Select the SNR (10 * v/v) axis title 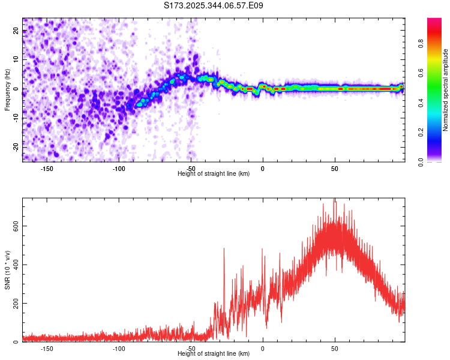pyautogui.click(x=7, y=269)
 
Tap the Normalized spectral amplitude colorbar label pyautogui.click(x=446, y=90)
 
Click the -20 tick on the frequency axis pyautogui.click(x=15, y=146)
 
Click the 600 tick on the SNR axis pyautogui.click(x=13, y=226)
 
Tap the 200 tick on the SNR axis pyautogui.click(x=13, y=303)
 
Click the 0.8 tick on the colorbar pyautogui.click(x=421, y=43)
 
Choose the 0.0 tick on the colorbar pyautogui.click(x=421, y=161)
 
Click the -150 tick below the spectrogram pyautogui.click(x=47, y=169)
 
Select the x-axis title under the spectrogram pyautogui.click(x=214, y=174)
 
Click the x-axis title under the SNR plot pyautogui.click(x=214, y=354)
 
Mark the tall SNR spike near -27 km pyautogui.click(x=224, y=248)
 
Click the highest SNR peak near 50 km pyautogui.click(x=334, y=200)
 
